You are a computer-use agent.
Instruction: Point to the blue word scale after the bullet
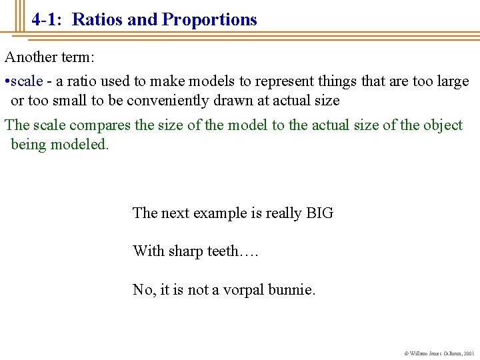[27, 81]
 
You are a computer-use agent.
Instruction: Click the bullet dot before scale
[7, 82]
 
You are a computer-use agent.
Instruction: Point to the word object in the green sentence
[443, 125]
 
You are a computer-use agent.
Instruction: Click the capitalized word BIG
[319, 213]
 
